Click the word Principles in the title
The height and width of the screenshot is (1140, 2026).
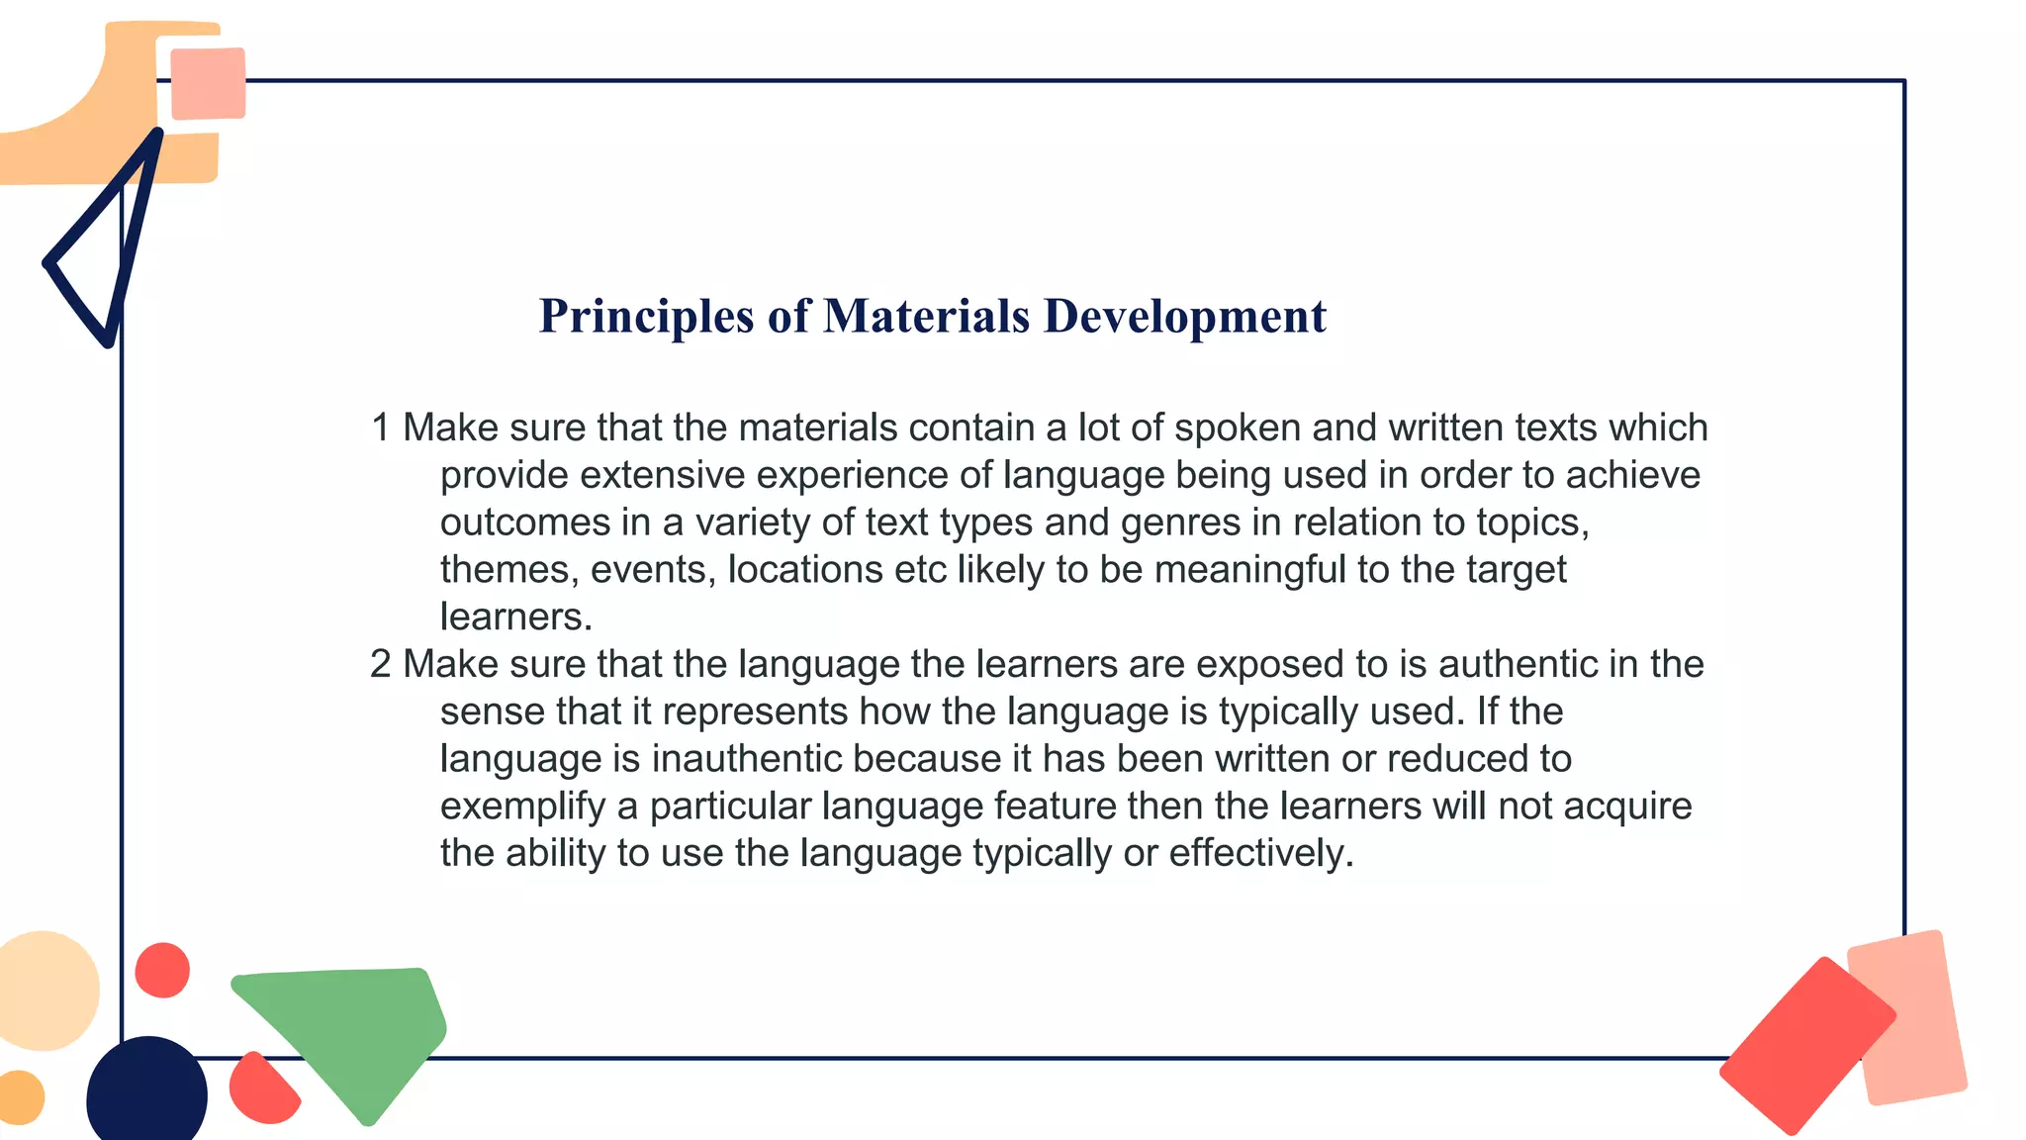646,318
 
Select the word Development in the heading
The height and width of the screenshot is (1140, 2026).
1185,317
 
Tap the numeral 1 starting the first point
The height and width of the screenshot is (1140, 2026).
380,428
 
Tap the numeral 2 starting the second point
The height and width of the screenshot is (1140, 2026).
381,664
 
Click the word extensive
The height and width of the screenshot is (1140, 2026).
662,476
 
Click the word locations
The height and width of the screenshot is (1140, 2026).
805,570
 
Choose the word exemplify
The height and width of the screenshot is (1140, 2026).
522,807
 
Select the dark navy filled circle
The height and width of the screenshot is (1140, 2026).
146,1092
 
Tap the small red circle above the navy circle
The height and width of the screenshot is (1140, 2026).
162,970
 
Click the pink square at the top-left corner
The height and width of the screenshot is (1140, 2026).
208,83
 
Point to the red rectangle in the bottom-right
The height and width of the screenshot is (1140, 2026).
1806,1045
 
